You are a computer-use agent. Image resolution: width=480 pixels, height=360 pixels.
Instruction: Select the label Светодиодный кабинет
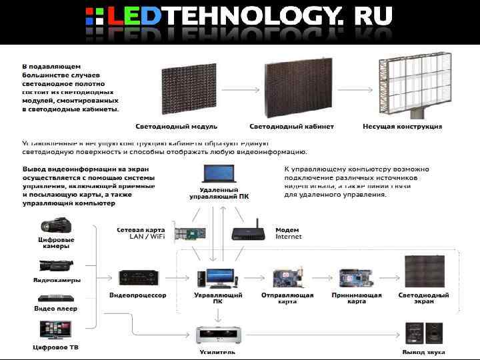[x=291, y=126]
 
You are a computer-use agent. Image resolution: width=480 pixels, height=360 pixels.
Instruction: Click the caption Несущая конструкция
[x=402, y=126]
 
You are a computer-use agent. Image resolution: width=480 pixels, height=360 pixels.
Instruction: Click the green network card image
[x=191, y=233]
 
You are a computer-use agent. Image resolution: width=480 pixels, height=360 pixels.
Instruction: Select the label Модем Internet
[x=288, y=233]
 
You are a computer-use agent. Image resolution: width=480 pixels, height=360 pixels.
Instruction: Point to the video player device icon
[x=55, y=298]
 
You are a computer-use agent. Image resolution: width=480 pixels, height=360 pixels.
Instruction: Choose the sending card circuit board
[x=287, y=277]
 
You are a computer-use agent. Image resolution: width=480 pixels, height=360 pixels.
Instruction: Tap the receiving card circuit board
[x=355, y=277]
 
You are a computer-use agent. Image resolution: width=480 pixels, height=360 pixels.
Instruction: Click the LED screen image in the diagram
[x=423, y=273]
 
